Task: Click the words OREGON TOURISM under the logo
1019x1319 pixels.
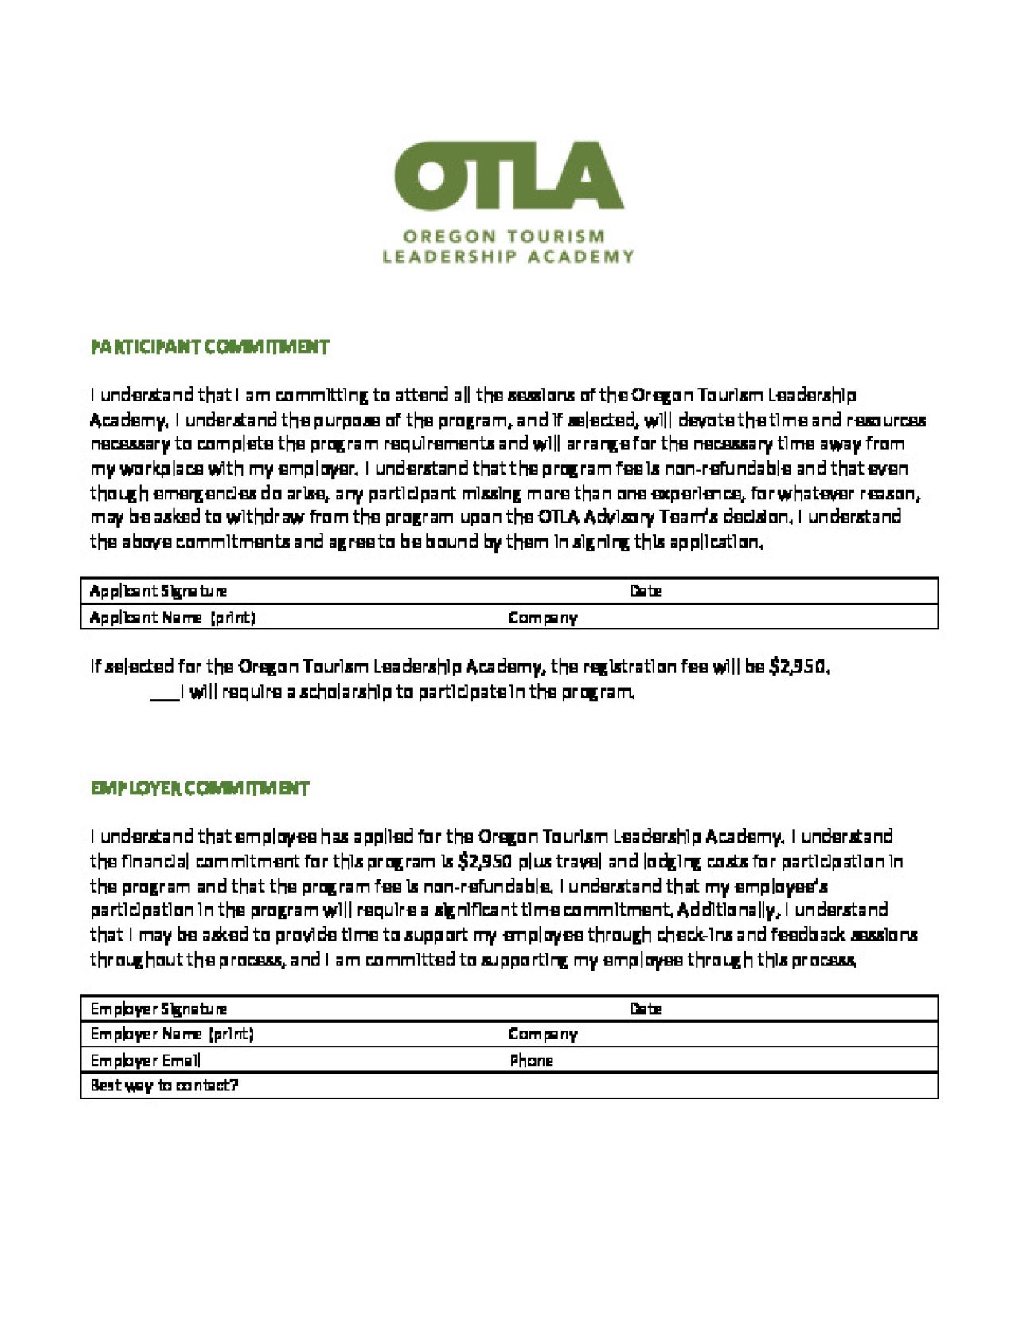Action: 503,237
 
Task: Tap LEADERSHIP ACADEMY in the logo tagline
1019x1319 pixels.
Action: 508,256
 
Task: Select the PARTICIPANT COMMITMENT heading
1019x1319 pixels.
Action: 209,347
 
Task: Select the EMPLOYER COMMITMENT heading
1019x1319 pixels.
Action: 199,789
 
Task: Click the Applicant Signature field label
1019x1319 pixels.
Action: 158,591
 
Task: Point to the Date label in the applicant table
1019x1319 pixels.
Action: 646,591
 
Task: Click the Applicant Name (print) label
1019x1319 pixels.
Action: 173,617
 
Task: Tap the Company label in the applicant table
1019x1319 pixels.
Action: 543,617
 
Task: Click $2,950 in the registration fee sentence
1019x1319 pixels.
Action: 798,667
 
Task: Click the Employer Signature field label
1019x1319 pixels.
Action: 158,1009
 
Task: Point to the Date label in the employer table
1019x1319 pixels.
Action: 646,1009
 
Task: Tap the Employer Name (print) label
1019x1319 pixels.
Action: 172,1035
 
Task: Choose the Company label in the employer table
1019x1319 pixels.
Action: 543,1035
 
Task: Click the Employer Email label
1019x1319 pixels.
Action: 146,1060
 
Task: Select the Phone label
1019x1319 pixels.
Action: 531,1060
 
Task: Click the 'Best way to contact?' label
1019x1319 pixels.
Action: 164,1086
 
